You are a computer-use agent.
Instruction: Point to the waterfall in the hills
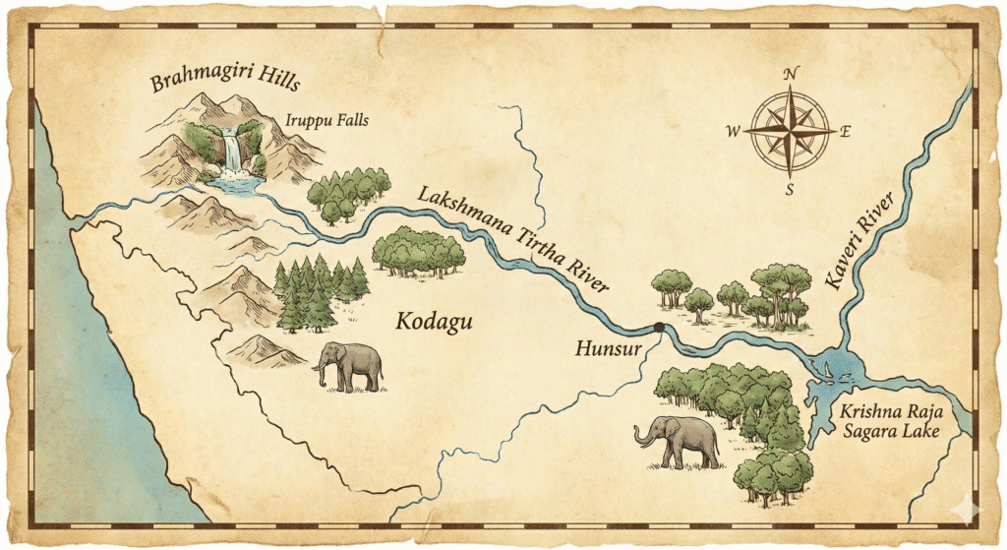[233, 153]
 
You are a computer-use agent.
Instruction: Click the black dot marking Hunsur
[658, 328]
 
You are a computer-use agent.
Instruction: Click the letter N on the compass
[792, 74]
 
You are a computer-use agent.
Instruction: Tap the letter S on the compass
[789, 189]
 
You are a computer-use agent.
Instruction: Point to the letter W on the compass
[734, 131]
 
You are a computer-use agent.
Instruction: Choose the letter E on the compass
[846, 130]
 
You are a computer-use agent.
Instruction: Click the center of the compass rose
[790, 130]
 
